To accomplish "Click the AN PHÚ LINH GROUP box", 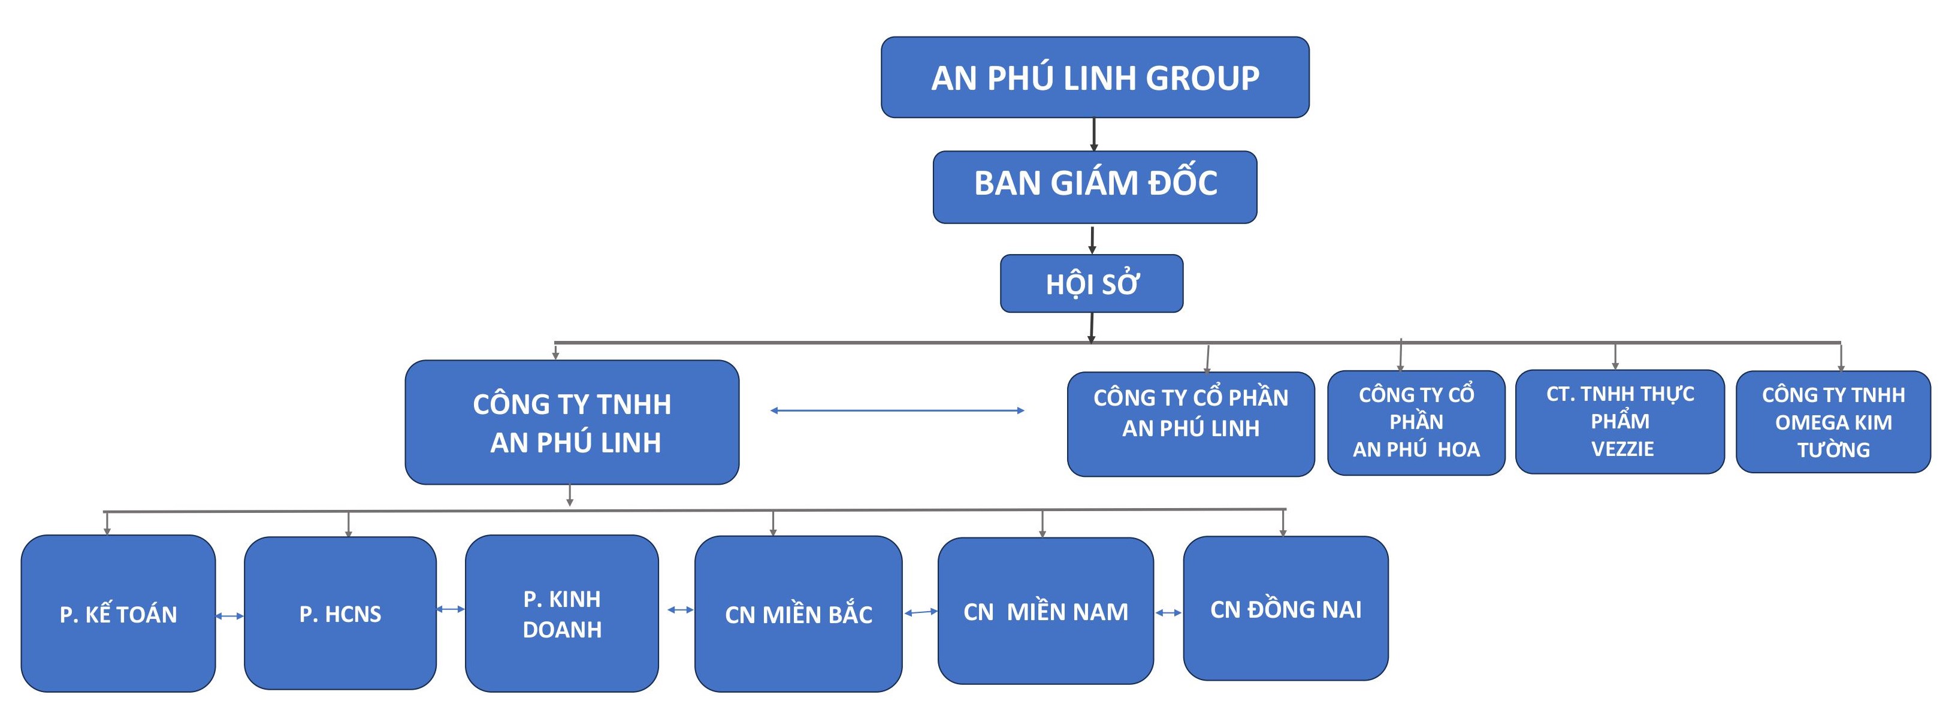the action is pyautogui.click(x=1095, y=77).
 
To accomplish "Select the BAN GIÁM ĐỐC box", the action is pyautogui.click(x=1095, y=187).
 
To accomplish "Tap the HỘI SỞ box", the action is pyautogui.click(x=1092, y=283).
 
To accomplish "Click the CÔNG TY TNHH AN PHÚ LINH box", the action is pyautogui.click(x=572, y=422).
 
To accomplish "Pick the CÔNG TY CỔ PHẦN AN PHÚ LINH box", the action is pyautogui.click(x=1190, y=424).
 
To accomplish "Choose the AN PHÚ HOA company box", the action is pyautogui.click(x=1416, y=422).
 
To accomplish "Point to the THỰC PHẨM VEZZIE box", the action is pyautogui.click(x=1619, y=422).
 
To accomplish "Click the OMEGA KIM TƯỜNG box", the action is pyautogui.click(x=1833, y=422).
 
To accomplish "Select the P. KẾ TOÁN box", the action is pyautogui.click(x=119, y=614).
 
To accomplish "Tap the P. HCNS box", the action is pyautogui.click(x=340, y=614).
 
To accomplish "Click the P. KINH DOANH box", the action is pyautogui.click(x=562, y=614).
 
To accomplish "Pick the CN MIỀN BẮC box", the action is pyautogui.click(x=798, y=614).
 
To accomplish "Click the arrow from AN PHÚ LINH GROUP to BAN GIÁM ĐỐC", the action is pyautogui.click(x=1094, y=135).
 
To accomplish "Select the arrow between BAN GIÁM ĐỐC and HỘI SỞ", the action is pyautogui.click(x=1092, y=240).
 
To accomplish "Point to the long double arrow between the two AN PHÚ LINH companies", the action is pyautogui.click(x=898, y=410).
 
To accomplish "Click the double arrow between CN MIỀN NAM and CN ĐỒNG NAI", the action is pyautogui.click(x=1168, y=612).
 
